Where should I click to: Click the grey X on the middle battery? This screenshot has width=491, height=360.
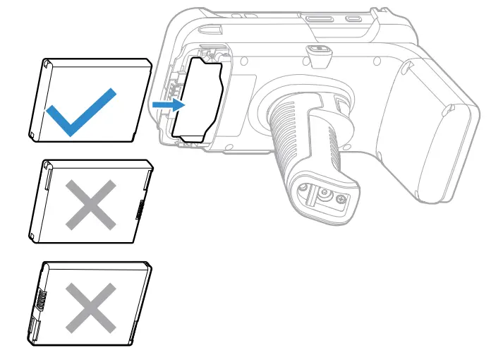[x=90, y=203]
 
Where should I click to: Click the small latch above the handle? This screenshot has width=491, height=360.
[x=318, y=51]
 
